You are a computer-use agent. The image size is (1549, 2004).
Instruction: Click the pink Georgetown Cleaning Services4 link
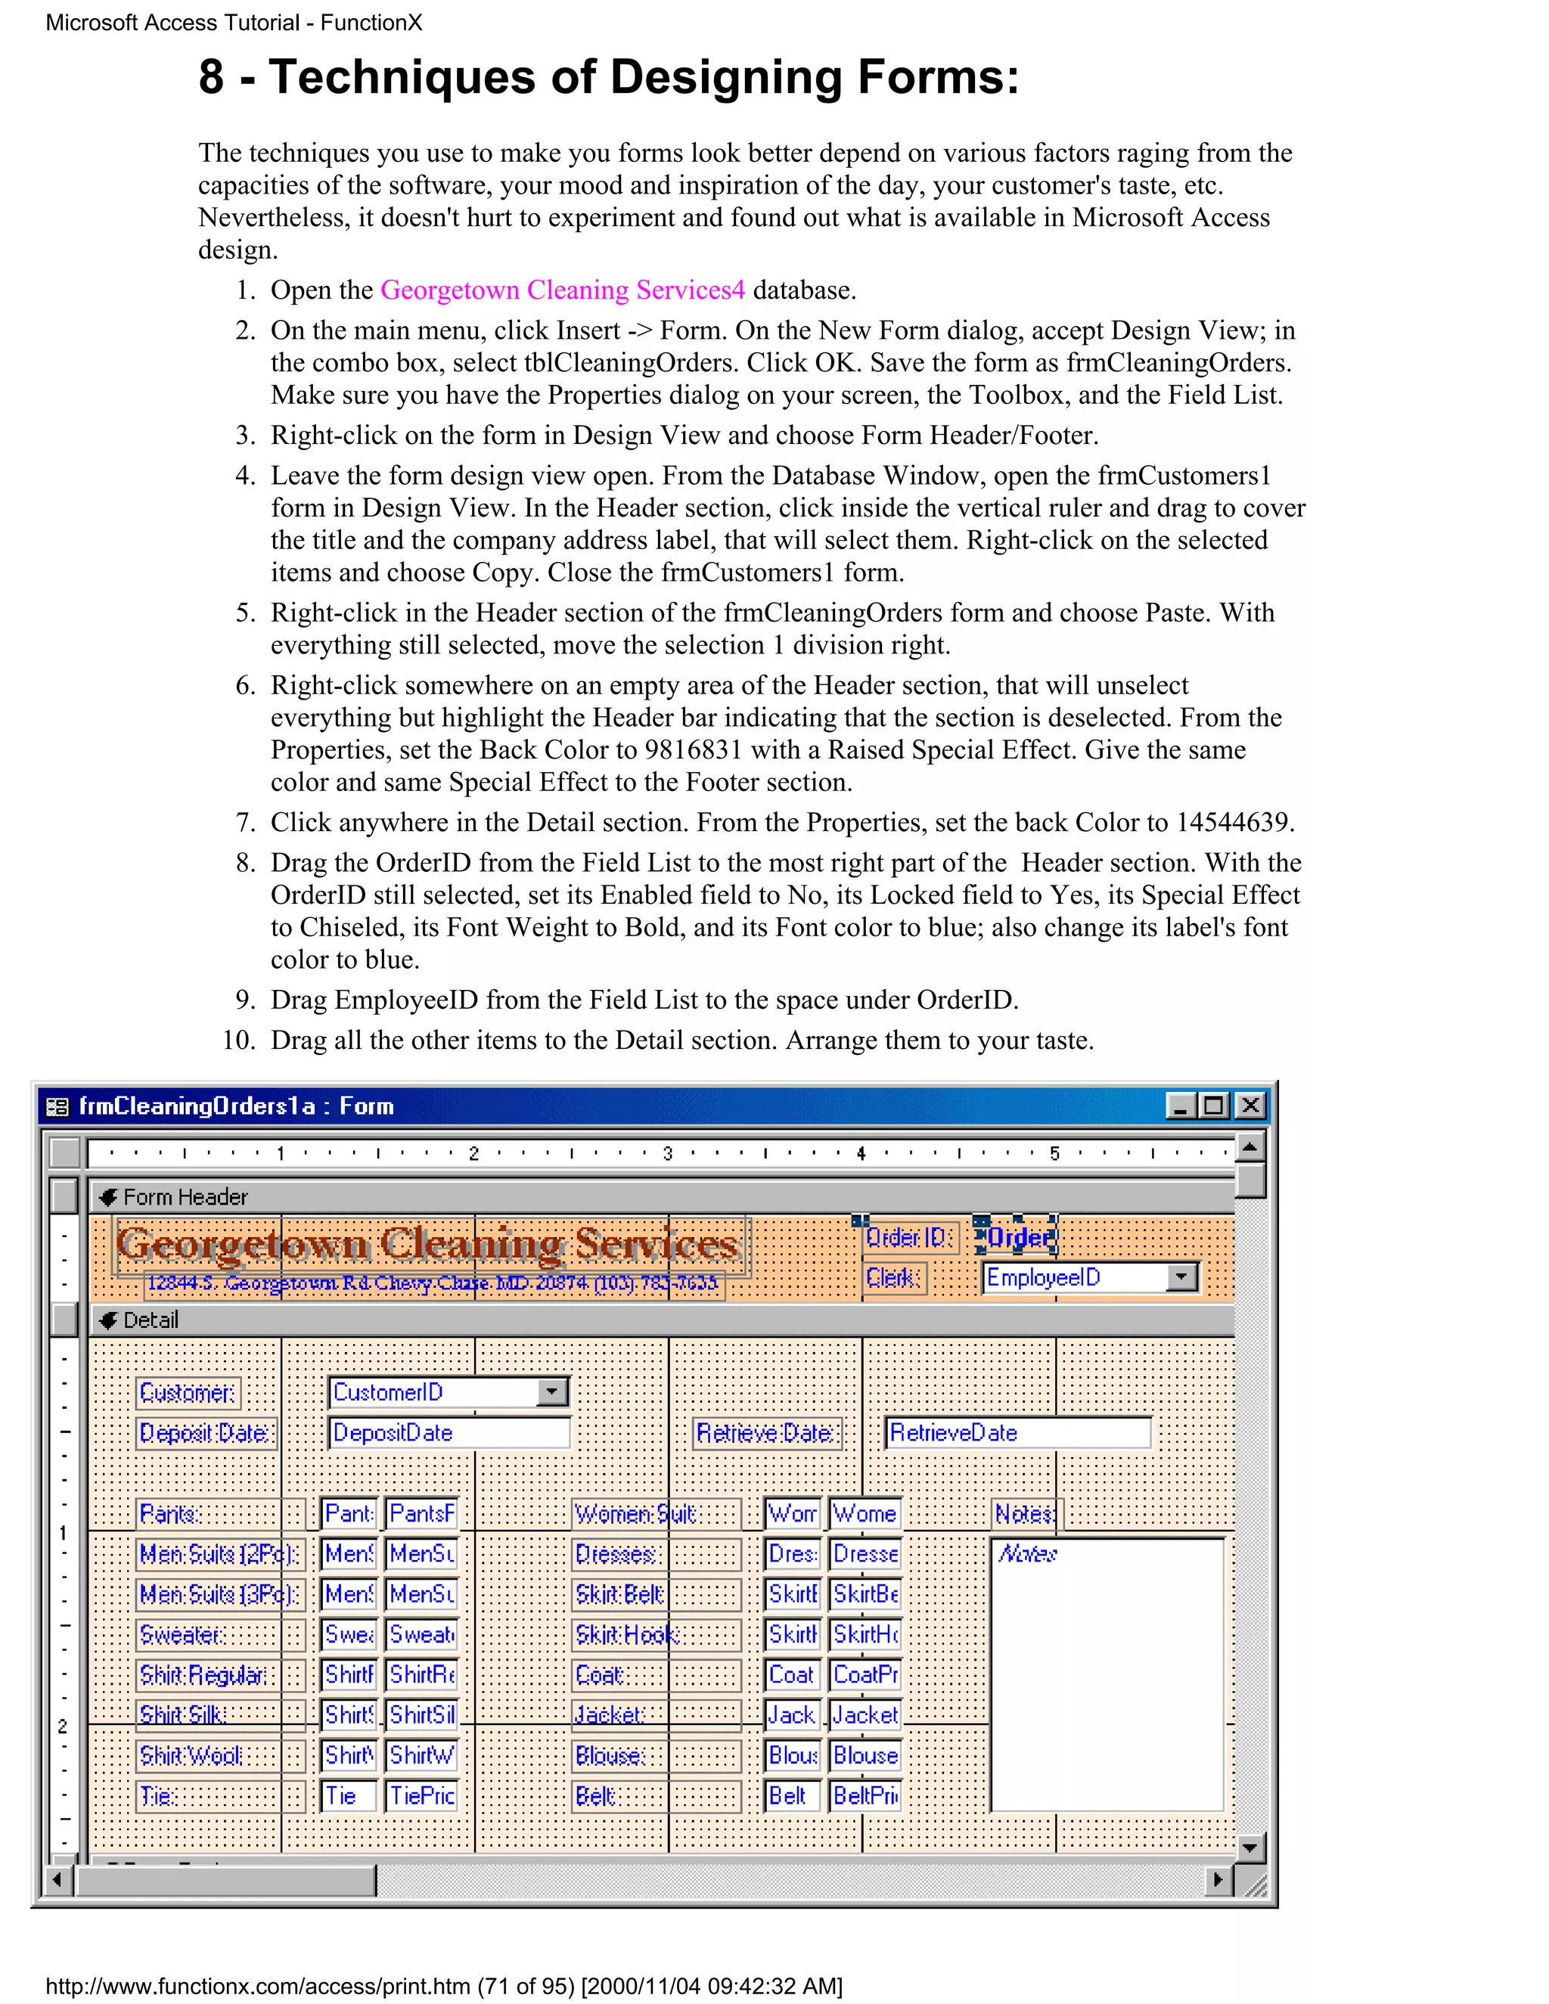563,290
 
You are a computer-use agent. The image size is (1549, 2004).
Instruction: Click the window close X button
1249,1106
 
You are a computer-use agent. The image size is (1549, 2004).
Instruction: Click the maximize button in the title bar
1214,1106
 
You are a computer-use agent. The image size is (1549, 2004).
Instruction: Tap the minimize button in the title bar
1181,1106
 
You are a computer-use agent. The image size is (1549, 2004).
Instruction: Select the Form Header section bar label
185,1197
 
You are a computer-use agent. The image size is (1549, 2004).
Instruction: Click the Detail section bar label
151,1320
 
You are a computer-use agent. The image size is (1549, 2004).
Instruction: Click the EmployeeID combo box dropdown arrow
1182,1277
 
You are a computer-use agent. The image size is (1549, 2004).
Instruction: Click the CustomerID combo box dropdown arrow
551,1392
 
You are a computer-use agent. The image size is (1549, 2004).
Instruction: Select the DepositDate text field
449,1433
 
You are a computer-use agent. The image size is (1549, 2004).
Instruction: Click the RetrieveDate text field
1017,1433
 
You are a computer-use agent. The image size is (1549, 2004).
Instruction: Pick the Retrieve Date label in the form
765,1433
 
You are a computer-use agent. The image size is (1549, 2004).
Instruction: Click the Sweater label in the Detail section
181,1634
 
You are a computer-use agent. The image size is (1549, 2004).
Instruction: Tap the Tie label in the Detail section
156,1796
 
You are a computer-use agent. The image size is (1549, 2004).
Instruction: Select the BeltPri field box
865,1796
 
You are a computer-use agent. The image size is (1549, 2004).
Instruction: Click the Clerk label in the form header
893,1277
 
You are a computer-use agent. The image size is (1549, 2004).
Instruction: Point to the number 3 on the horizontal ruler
667,1153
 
